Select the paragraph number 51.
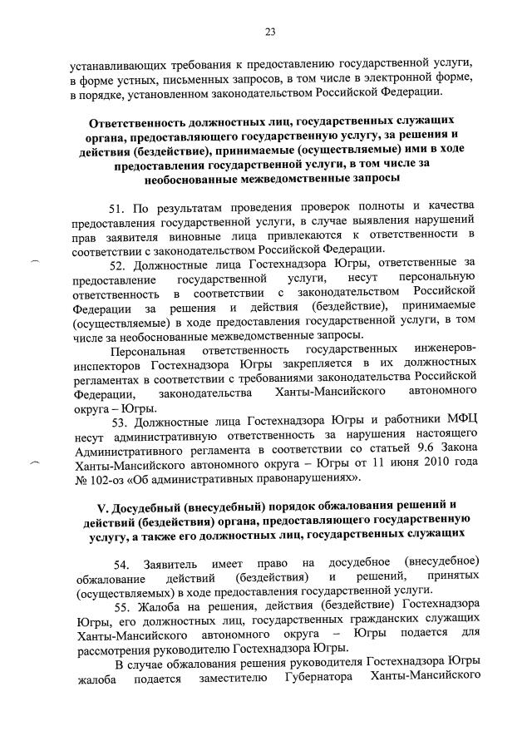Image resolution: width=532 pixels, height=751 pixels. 119,205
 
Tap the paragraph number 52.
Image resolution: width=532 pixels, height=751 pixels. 119,264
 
